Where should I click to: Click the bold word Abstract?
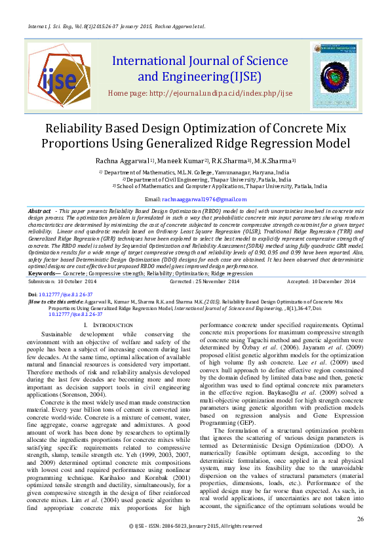pos(41,211)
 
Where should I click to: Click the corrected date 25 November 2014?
pos(212,281)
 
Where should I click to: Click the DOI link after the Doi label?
pos(68,295)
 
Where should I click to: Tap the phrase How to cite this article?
pos(60,302)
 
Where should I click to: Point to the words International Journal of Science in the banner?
pos(195,62)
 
